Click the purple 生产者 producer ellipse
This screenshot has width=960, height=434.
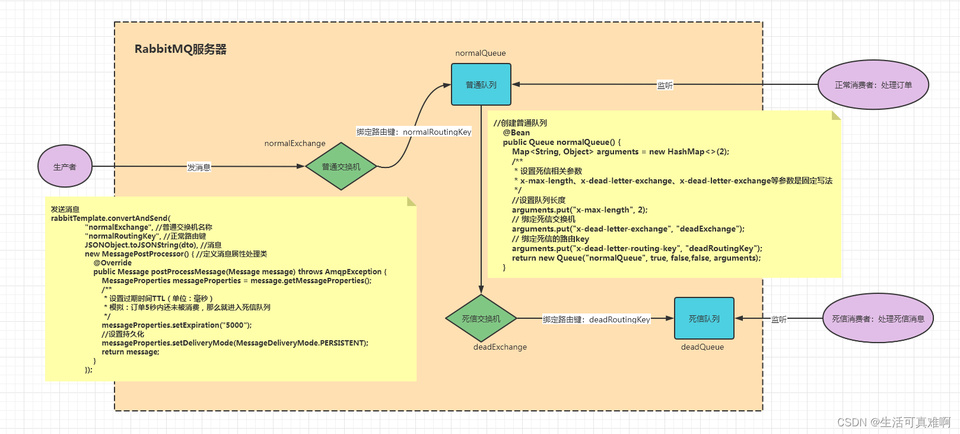[x=65, y=166]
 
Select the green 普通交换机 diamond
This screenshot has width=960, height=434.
[x=341, y=166]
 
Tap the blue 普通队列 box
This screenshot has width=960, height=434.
[x=481, y=85]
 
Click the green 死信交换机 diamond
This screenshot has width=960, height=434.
[x=481, y=318]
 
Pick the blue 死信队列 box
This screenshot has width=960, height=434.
[x=704, y=318]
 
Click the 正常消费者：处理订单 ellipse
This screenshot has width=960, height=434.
[x=873, y=85]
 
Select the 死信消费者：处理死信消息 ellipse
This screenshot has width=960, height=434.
[x=878, y=318]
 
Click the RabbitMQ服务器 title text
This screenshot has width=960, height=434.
[x=180, y=49]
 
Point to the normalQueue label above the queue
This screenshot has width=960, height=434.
[x=481, y=53]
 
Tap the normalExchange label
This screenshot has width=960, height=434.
[x=295, y=143]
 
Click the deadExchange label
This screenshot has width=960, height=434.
[x=500, y=347]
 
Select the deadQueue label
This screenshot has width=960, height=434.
[x=702, y=347]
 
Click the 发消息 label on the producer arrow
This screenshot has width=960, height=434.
[x=199, y=167]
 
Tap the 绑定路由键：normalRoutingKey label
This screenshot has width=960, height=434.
[x=414, y=132]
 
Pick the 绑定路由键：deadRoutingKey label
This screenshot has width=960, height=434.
[x=596, y=319]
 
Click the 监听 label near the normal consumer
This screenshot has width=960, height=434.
[x=665, y=85]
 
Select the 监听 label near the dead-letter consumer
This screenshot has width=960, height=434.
[x=778, y=319]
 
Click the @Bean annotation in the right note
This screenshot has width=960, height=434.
[x=516, y=132]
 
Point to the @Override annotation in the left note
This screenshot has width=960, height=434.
[x=112, y=262]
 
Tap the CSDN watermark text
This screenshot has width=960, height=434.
[x=893, y=422]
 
